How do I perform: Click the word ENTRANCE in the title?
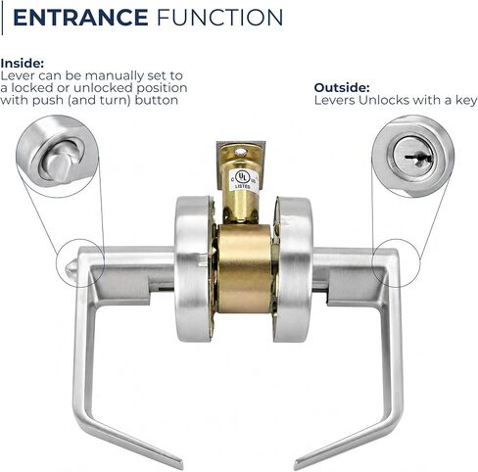pos(80,18)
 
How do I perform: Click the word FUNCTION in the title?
pos(220,18)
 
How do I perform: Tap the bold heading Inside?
pos(23,64)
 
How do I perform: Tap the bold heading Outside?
pos(342,88)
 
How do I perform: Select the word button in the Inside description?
pos(157,100)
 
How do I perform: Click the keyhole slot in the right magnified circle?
pos(419,158)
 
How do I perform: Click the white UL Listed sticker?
pos(244,180)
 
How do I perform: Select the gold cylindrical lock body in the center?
pos(245,269)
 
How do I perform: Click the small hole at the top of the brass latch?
pos(241,152)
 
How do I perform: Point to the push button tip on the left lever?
pos(72,267)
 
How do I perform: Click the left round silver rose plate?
pos(194,269)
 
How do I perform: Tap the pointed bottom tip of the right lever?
pos(296,465)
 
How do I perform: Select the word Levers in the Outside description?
pos(335,100)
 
